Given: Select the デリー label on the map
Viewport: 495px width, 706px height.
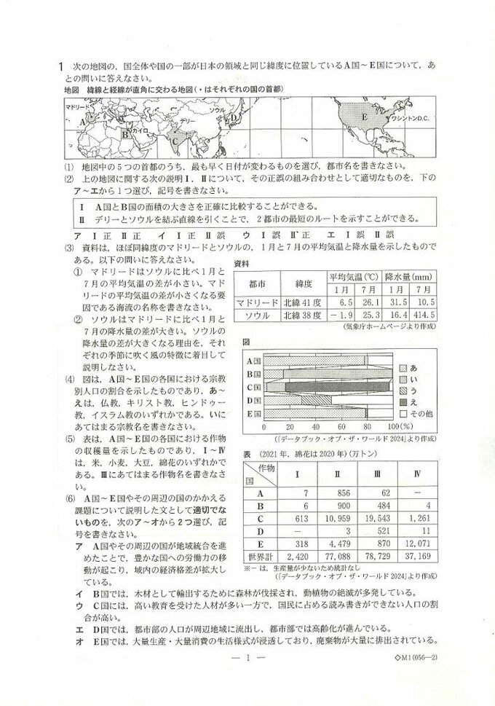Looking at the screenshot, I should click(187, 120).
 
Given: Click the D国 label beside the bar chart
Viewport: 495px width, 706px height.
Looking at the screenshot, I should click(254, 400).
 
